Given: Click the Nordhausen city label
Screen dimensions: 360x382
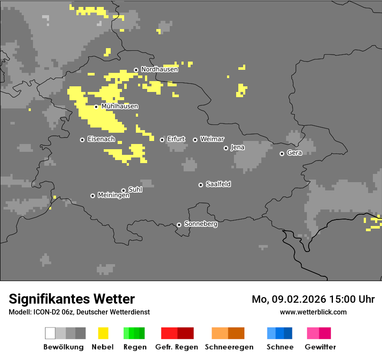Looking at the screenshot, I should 159,69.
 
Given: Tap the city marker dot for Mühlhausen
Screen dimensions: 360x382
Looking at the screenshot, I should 96,107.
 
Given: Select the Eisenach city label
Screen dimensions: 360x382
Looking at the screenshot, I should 101,139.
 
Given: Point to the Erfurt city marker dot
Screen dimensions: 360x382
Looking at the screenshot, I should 162,140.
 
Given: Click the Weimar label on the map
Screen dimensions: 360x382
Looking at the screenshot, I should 212,139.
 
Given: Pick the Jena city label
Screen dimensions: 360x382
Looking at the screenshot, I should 237,147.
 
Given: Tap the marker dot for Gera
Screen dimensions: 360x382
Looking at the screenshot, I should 282,154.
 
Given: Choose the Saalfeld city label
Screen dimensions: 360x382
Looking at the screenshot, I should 218,184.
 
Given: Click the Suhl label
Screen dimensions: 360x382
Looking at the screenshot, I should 135,190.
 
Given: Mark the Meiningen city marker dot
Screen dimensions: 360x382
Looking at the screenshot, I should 92,196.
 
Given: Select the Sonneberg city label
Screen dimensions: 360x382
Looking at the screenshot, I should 201,224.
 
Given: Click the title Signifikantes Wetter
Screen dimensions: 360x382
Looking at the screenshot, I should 72,299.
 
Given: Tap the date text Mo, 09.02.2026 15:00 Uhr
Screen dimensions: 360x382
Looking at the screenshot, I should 313,299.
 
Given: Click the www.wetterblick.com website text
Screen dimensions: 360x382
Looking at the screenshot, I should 313,312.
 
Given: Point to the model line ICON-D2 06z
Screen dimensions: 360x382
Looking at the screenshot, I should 79,312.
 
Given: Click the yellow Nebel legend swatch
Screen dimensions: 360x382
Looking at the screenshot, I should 103,333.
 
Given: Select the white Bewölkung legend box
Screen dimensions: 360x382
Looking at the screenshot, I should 50,333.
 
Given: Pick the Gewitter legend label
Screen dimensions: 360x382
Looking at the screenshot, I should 320,347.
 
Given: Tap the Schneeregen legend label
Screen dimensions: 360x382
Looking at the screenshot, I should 229,347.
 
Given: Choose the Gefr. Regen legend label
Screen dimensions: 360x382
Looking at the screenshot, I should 176,347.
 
